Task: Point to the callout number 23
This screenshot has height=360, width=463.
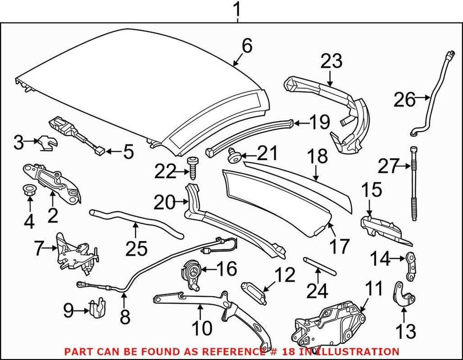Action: [x=331, y=61]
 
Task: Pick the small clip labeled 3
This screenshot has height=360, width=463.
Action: [x=46, y=143]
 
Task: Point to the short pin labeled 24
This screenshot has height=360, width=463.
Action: [x=319, y=266]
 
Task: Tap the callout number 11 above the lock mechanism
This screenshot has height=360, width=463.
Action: [x=373, y=288]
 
